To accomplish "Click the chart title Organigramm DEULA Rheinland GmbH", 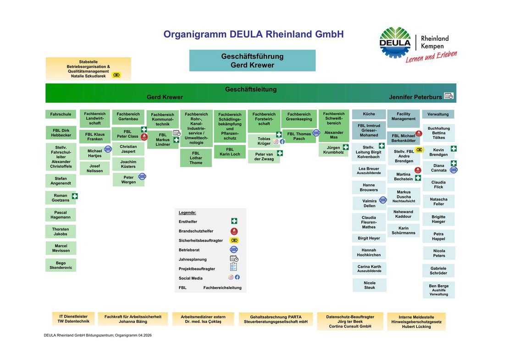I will [x=253, y=34].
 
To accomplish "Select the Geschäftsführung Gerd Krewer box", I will [x=252, y=61].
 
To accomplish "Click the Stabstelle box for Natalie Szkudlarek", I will [x=88, y=69].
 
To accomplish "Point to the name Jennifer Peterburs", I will [x=415, y=97].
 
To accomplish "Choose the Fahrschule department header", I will [x=61, y=114].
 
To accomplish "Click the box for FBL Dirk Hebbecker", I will [x=61, y=133].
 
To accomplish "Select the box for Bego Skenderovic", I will [x=61, y=265].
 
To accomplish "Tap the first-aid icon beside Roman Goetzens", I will [x=75, y=196].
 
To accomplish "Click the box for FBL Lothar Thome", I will [x=196, y=158].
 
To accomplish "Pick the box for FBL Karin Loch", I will [x=230, y=152].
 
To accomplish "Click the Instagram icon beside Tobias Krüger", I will [x=276, y=142].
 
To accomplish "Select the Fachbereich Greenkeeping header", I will [x=299, y=116].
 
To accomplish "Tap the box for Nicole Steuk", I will [x=369, y=285].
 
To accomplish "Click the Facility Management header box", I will [x=404, y=116].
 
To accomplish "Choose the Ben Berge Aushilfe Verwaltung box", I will [x=438, y=290].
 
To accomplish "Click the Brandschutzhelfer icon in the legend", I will [x=234, y=231].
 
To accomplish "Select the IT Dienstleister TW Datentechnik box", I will [x=73, y=319].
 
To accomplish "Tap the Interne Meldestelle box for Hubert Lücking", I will [x=416, y=321].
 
